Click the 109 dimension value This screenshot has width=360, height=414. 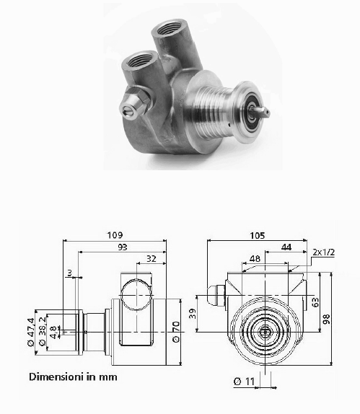point(115,234)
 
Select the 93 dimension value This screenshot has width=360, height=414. point(123,247)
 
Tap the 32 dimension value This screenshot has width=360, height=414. point(152,258)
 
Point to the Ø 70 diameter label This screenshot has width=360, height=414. point(176,332)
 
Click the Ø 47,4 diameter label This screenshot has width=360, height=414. point(30,332)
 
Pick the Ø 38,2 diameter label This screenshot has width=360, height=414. point(43,331)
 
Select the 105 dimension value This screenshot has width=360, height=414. point(257,235)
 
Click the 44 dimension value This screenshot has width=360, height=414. point(286,247)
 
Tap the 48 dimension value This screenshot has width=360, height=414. point(255,258)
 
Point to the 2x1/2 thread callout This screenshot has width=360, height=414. point(323,252)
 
